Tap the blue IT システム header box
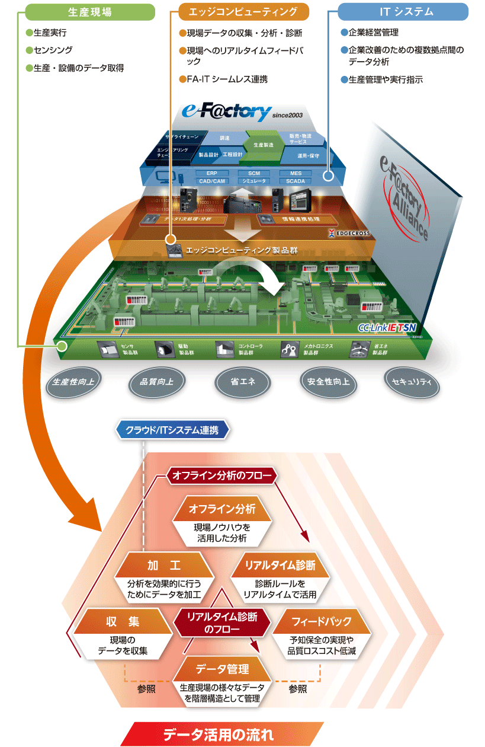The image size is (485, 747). coord(403,12)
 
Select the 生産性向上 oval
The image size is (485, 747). coord(69,380)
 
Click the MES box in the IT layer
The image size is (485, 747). coord(296,173)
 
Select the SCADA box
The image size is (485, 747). coord(296,181)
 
